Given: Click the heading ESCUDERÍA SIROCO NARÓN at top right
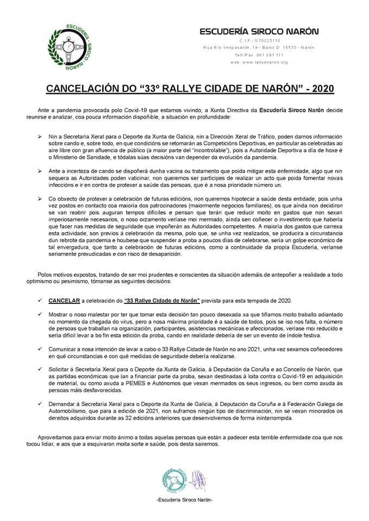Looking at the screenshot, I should point(260,31).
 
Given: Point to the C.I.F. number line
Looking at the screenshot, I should point(259,41).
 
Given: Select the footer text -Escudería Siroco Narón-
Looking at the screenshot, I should point(184,499).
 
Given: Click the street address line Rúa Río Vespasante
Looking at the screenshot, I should point(259,48).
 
